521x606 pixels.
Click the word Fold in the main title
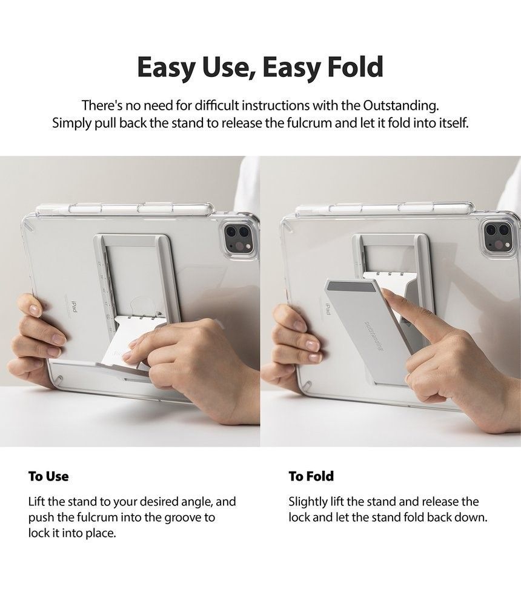coord(355,67)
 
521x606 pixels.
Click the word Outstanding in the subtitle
coord(401,105)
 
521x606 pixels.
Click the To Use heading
coord(48,476)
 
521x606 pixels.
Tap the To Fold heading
coord(311,476)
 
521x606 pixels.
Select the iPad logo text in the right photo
coord(328,308)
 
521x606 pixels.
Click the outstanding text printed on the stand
coord(373,335)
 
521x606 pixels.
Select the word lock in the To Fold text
coord(299,518)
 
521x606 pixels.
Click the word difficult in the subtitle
coord(216,105)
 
